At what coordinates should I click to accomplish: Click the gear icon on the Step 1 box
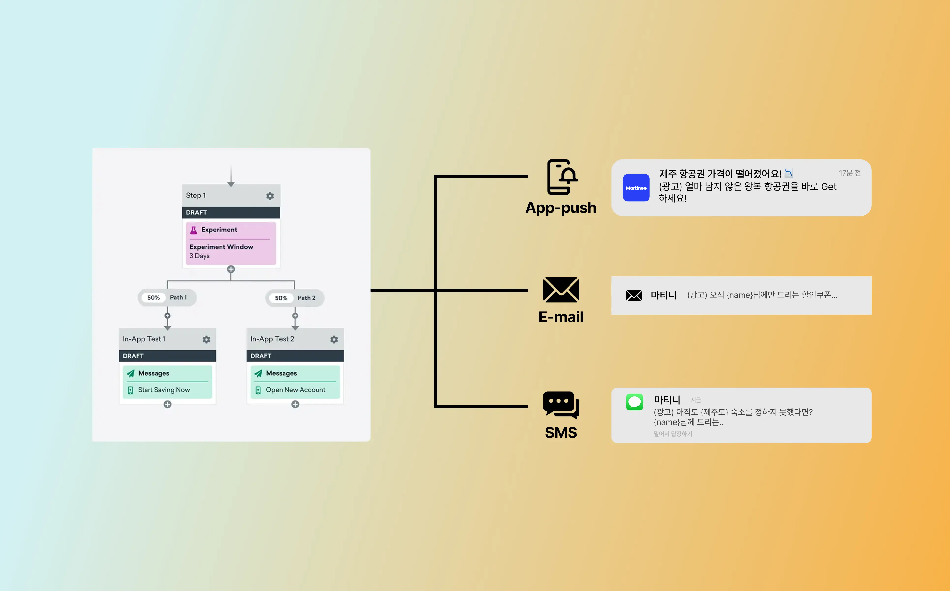[270, 196]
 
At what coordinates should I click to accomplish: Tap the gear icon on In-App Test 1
[206, 339]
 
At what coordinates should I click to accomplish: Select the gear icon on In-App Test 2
[334, 339]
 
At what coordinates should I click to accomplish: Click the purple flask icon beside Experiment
[193, 230]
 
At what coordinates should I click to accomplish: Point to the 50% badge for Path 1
[154, 297]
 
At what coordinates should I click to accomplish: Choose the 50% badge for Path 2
[281, 298]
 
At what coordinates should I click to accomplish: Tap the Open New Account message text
[295, 390]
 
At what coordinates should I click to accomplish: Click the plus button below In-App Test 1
[168, 404]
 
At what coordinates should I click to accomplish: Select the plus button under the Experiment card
[231, 269]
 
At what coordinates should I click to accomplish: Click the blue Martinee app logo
[636, 188]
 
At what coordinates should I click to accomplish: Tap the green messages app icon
[634, 402]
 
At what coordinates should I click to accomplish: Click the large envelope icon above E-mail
[561, 290]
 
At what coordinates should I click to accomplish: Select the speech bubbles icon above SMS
[561, 405]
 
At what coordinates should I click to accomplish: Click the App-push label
[561, 208]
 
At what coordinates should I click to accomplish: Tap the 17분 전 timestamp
[850, 173]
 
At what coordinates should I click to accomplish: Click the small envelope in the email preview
[633, 295]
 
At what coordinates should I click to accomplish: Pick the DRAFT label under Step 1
[196, 212]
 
